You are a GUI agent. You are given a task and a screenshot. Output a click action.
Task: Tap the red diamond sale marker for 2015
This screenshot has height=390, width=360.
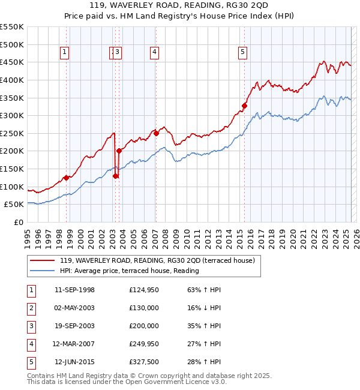244,106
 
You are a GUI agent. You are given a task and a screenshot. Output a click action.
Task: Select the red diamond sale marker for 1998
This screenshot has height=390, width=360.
66,178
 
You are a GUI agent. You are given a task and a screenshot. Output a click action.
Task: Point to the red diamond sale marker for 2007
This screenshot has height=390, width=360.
155,133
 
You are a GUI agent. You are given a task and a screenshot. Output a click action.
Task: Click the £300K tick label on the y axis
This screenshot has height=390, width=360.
12,115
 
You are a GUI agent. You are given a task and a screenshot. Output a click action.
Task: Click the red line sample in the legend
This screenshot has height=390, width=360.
42,261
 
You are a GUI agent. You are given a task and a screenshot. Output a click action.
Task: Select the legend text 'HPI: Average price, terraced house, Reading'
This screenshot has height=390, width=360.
129,271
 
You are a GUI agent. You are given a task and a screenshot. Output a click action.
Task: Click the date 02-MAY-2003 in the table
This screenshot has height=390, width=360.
74,308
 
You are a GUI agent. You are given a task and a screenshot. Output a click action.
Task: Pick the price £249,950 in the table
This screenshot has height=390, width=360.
144,344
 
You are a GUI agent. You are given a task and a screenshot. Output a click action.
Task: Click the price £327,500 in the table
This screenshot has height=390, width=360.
144,362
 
